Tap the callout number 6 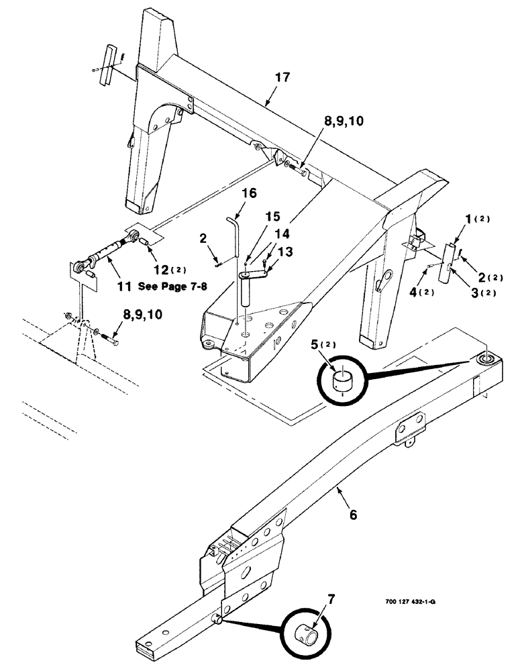(x=353, y=515)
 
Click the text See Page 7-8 (x=172, y=286)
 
